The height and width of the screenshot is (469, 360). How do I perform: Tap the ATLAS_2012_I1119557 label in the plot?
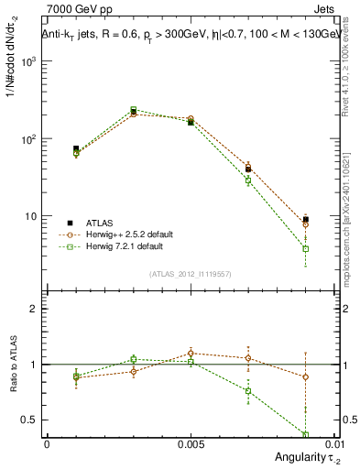tap(191, 273)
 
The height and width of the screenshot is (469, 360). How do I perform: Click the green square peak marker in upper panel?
tap(133, 109)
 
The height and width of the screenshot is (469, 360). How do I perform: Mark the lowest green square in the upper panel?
tap(305, 248)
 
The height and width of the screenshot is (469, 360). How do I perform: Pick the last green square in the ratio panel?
tap(305, 434)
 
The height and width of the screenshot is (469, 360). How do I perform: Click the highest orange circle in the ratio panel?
tap(191, 353)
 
